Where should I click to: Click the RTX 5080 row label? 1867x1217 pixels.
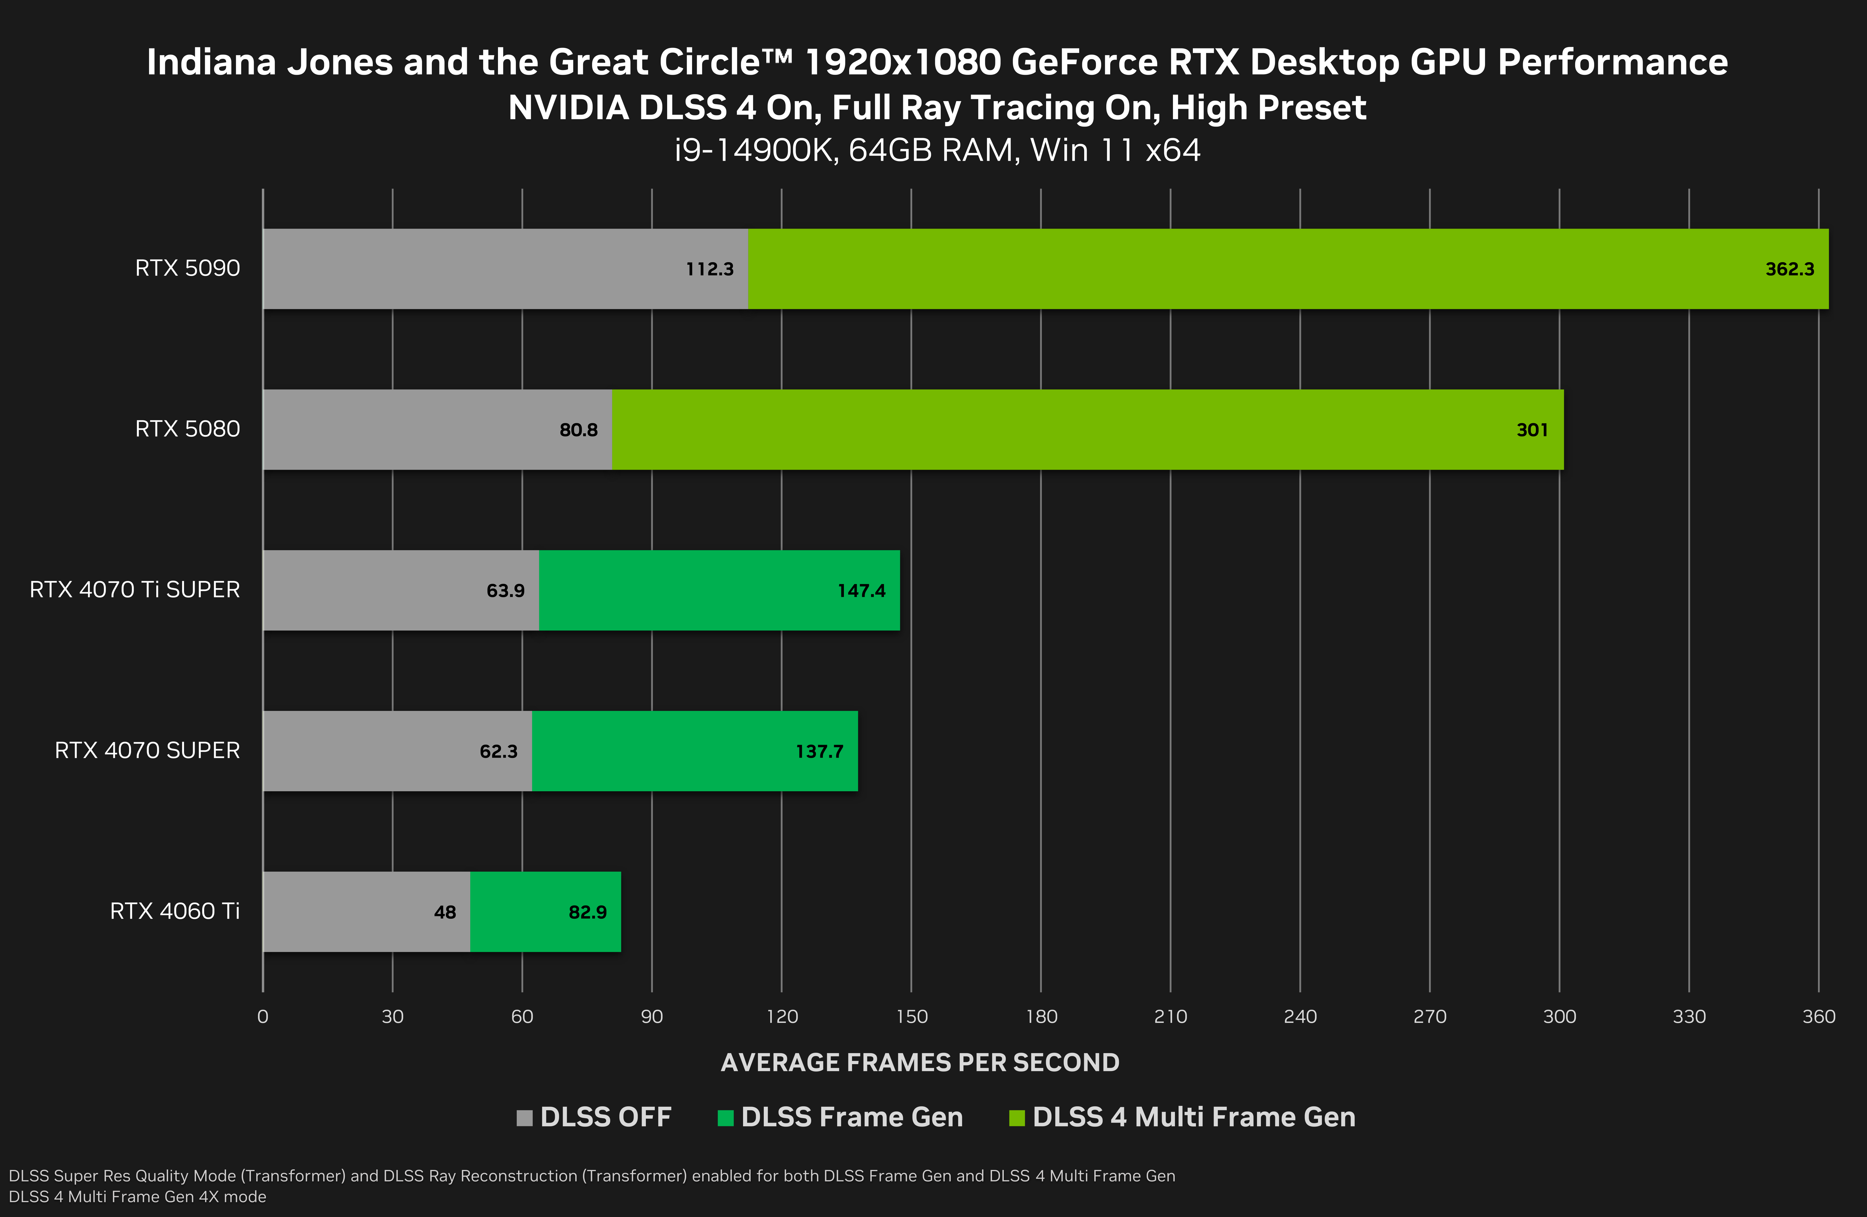(187, 429)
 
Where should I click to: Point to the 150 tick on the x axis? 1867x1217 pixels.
(912, 1017)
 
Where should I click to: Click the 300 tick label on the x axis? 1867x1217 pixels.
(1559, 1017)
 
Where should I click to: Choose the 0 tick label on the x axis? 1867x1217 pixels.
(263, 1017)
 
